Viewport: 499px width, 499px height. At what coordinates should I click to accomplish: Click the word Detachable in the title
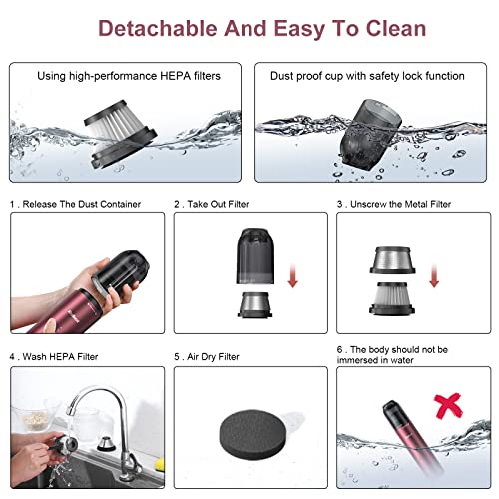158,28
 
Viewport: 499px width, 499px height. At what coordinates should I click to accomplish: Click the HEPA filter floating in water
120,134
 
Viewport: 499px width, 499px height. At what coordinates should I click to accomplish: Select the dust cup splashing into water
370,134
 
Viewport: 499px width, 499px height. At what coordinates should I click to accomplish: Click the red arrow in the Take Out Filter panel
293,275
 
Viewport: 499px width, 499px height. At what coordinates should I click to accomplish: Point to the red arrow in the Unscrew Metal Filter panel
434,275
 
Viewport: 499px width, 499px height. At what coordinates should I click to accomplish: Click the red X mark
448,405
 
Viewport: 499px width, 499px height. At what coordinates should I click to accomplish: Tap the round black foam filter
252,431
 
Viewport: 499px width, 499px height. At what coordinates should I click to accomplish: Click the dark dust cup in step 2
255,255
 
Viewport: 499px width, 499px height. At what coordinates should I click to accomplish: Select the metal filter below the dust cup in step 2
254,305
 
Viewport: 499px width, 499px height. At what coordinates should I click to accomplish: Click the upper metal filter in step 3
392,259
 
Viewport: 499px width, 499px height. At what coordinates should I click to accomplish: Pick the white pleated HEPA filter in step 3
392,298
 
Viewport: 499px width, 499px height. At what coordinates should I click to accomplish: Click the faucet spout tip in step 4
71,410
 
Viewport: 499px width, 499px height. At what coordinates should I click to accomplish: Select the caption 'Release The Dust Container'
82,204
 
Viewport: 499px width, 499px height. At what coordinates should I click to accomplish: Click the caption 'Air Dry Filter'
213,357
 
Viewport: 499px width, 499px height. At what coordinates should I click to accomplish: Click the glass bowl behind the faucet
35,417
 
